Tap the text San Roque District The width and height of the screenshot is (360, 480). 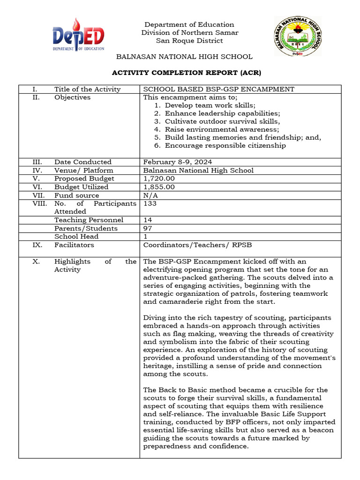[189, 41]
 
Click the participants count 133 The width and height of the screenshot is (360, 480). [150, 203]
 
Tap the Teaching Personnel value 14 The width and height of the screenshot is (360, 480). [148, 220]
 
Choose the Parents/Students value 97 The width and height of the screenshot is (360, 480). [148, 228]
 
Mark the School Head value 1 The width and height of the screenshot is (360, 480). [145, 237]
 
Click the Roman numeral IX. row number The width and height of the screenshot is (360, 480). [37, 245]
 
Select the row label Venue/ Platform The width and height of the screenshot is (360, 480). [83, 170]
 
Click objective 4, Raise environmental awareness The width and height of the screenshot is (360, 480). [221, 129]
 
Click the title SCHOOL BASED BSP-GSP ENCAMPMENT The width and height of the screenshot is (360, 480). [218, 89]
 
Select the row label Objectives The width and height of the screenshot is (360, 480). [72, 97]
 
